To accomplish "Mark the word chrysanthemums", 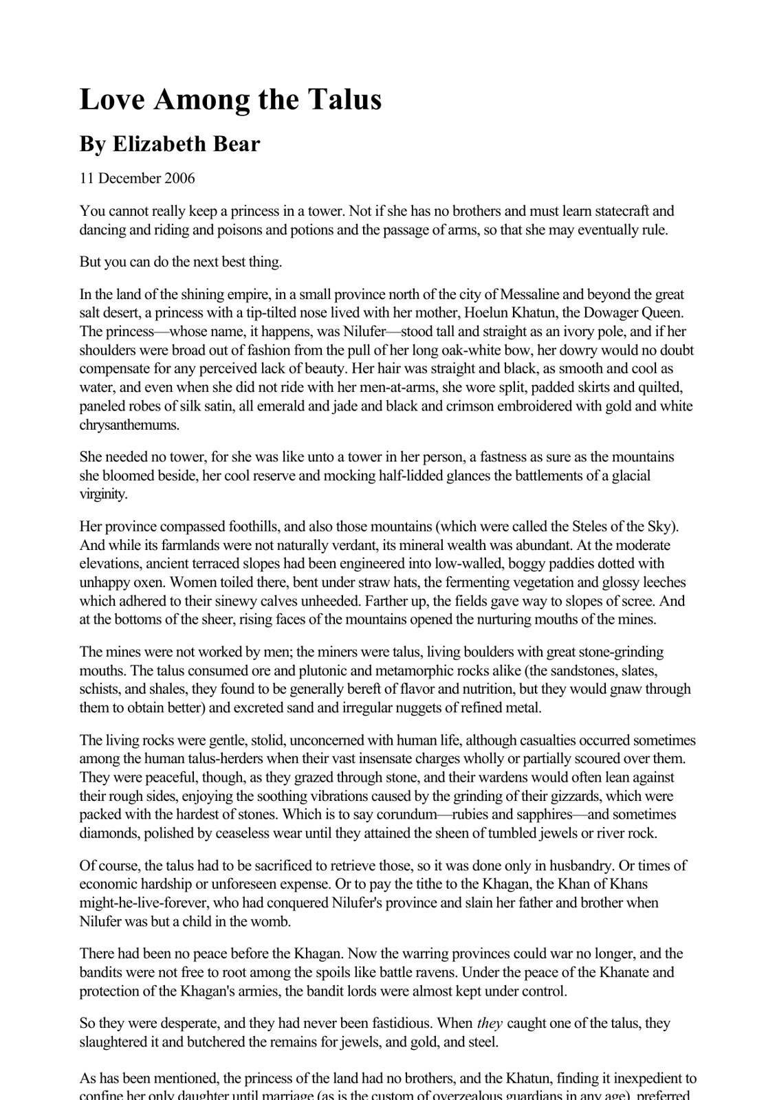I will click(x=129, y=425).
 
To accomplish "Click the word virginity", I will click(x=103, y=494).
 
